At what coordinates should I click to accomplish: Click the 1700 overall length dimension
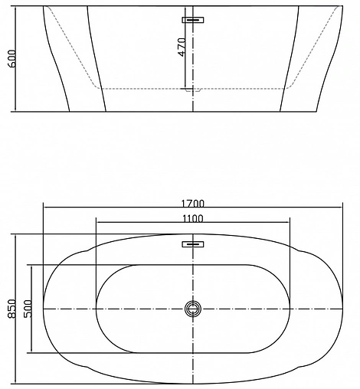[193, 203]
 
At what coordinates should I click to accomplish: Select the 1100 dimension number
[193, 218]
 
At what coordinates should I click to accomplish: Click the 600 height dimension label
[11, 58]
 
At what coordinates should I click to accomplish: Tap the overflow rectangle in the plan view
[193, 245]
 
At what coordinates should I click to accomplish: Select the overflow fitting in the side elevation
[193, 21]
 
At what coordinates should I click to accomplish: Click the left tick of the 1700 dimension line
[44, 208]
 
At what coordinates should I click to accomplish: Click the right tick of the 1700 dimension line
[342, 208]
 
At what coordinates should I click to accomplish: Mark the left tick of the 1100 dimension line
[96, 223]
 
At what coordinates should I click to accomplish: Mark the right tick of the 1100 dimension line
[291, 223]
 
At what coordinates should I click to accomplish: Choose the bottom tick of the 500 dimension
[33, 353]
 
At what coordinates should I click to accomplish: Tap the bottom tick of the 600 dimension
[16, 111]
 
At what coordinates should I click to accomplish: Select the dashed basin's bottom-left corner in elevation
[102, 88]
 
